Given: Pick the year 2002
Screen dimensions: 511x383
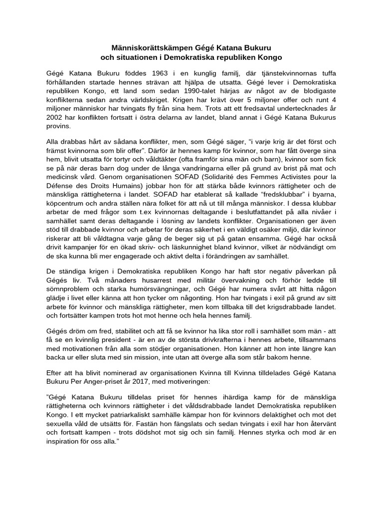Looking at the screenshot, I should [56, 118].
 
